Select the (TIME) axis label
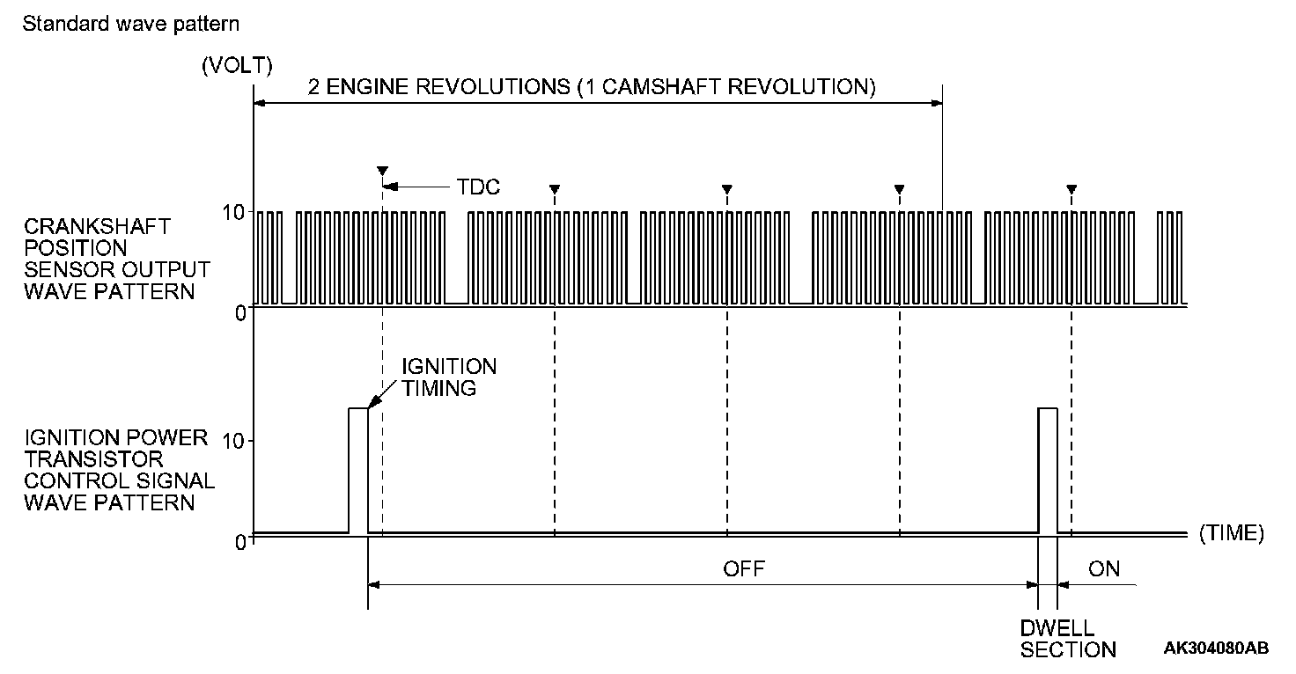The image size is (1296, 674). [x=1231, y=533]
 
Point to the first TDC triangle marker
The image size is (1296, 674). [x=382, y=170]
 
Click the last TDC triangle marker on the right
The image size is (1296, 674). [x=1071, y=188]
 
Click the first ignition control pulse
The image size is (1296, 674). [x=358, y=470]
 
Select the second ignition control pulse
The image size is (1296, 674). [x=1047, y=470]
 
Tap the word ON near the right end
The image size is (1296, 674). [x=1104, y=568]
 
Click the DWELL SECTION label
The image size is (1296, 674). [x=1068, y=640]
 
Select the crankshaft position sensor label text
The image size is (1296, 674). [x=116, y=259]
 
